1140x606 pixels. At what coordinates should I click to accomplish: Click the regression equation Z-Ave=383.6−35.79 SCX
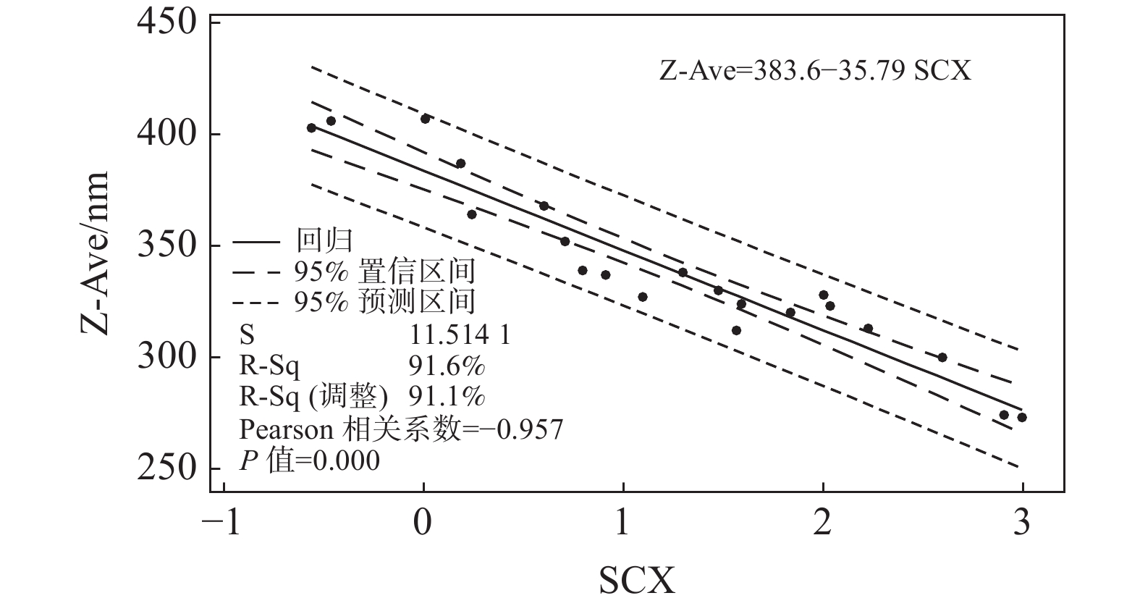click(x=815, y=72)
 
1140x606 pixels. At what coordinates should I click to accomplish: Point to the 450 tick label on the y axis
click(x=166, y=22)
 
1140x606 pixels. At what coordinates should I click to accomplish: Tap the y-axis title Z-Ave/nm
click(x=95, y=253)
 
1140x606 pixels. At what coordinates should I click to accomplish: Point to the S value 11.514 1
click(x=460, y=334)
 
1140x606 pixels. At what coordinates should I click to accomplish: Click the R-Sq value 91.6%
click(x=447, y=366)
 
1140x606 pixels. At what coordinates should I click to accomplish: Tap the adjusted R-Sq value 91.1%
click(x=447, y=397)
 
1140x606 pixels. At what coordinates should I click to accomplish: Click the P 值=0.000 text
click(x=310, y=460)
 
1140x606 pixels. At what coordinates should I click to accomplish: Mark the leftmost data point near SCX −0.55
click(x=311, y=128)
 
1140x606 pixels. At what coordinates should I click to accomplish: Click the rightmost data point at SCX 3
click(x=1022, y=418)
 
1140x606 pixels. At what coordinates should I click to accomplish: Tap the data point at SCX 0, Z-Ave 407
click(x=426, y=119)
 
